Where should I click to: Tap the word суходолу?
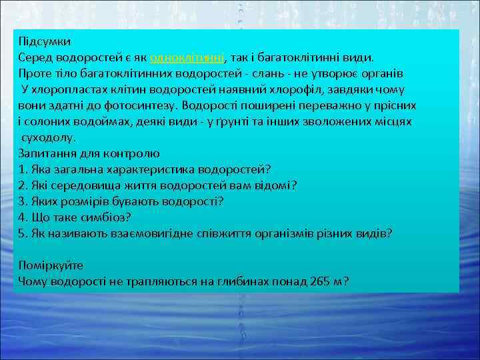49,137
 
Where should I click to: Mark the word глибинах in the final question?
240,281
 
